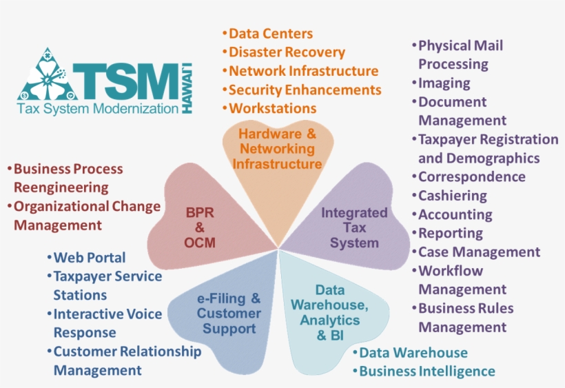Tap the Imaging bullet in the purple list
(x=444, y=83)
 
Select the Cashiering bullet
(x=452, y=196)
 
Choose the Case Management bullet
(x=479, y=252)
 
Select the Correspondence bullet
(x=471, y=176)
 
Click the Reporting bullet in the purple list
(x=451, y=233)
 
